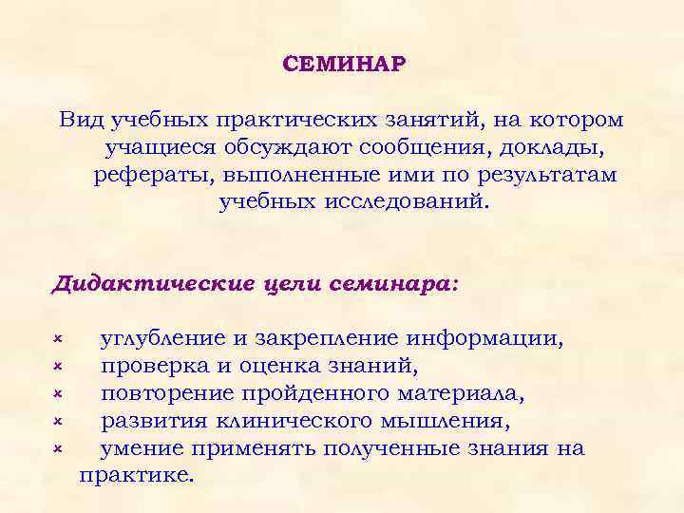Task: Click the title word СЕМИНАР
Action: [344, 65]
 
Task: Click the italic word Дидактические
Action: [151, 284]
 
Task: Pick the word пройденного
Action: [368, 393]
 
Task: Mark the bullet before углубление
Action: [57, 338]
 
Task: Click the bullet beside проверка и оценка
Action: [57, 366]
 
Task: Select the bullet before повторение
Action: [57, 392]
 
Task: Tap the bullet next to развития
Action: [57, 419]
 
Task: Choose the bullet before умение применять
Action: [57, 446]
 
